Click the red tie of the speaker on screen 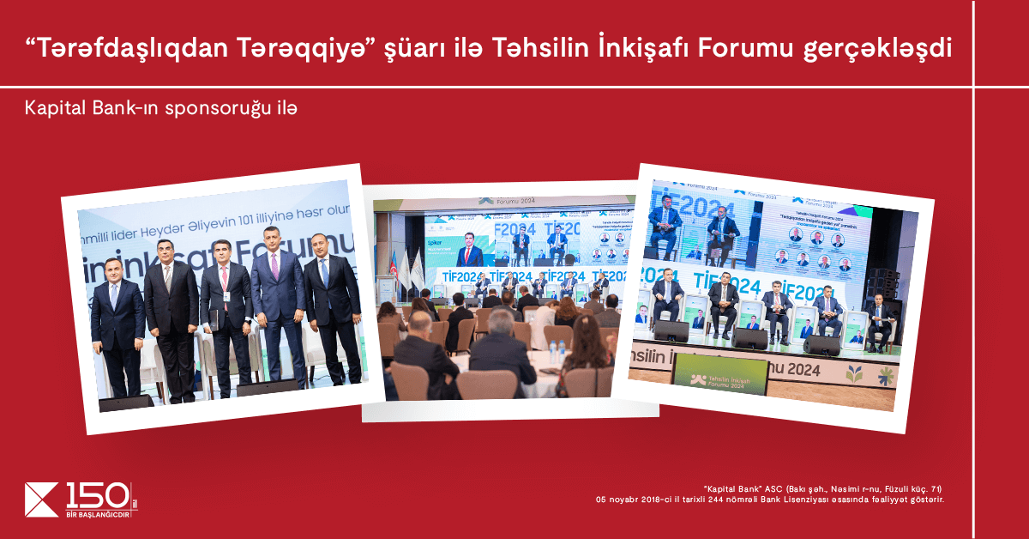pyautogui.click(x=470, y=256)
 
